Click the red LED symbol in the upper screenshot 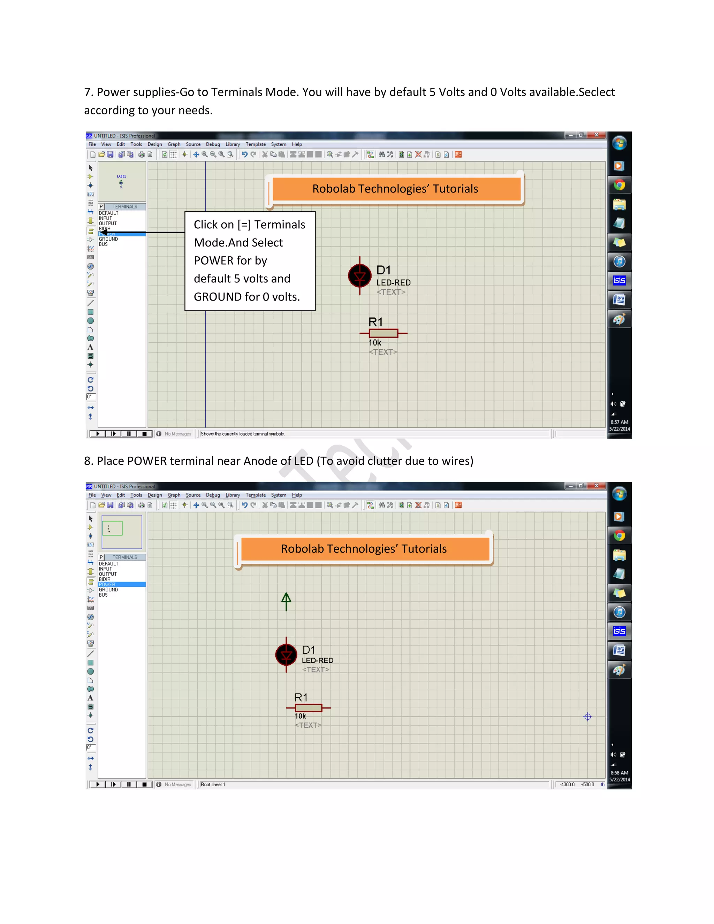[359, 276]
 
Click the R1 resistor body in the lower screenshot [308, 708]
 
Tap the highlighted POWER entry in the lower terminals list [107, 584]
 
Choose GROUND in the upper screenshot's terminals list [109, 239]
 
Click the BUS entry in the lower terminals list [103, 595]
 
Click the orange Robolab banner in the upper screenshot [395, 189]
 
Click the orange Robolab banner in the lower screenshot [364, 549]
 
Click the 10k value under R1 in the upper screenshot [375, 343]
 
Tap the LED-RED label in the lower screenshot [317, 660]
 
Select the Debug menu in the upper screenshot [213, 144]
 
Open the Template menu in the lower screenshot [256, 495]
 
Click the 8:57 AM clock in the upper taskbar [619, 422]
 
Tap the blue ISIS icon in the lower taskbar [619, 631]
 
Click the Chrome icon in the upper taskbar [619, 185]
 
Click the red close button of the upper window [597, 135]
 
